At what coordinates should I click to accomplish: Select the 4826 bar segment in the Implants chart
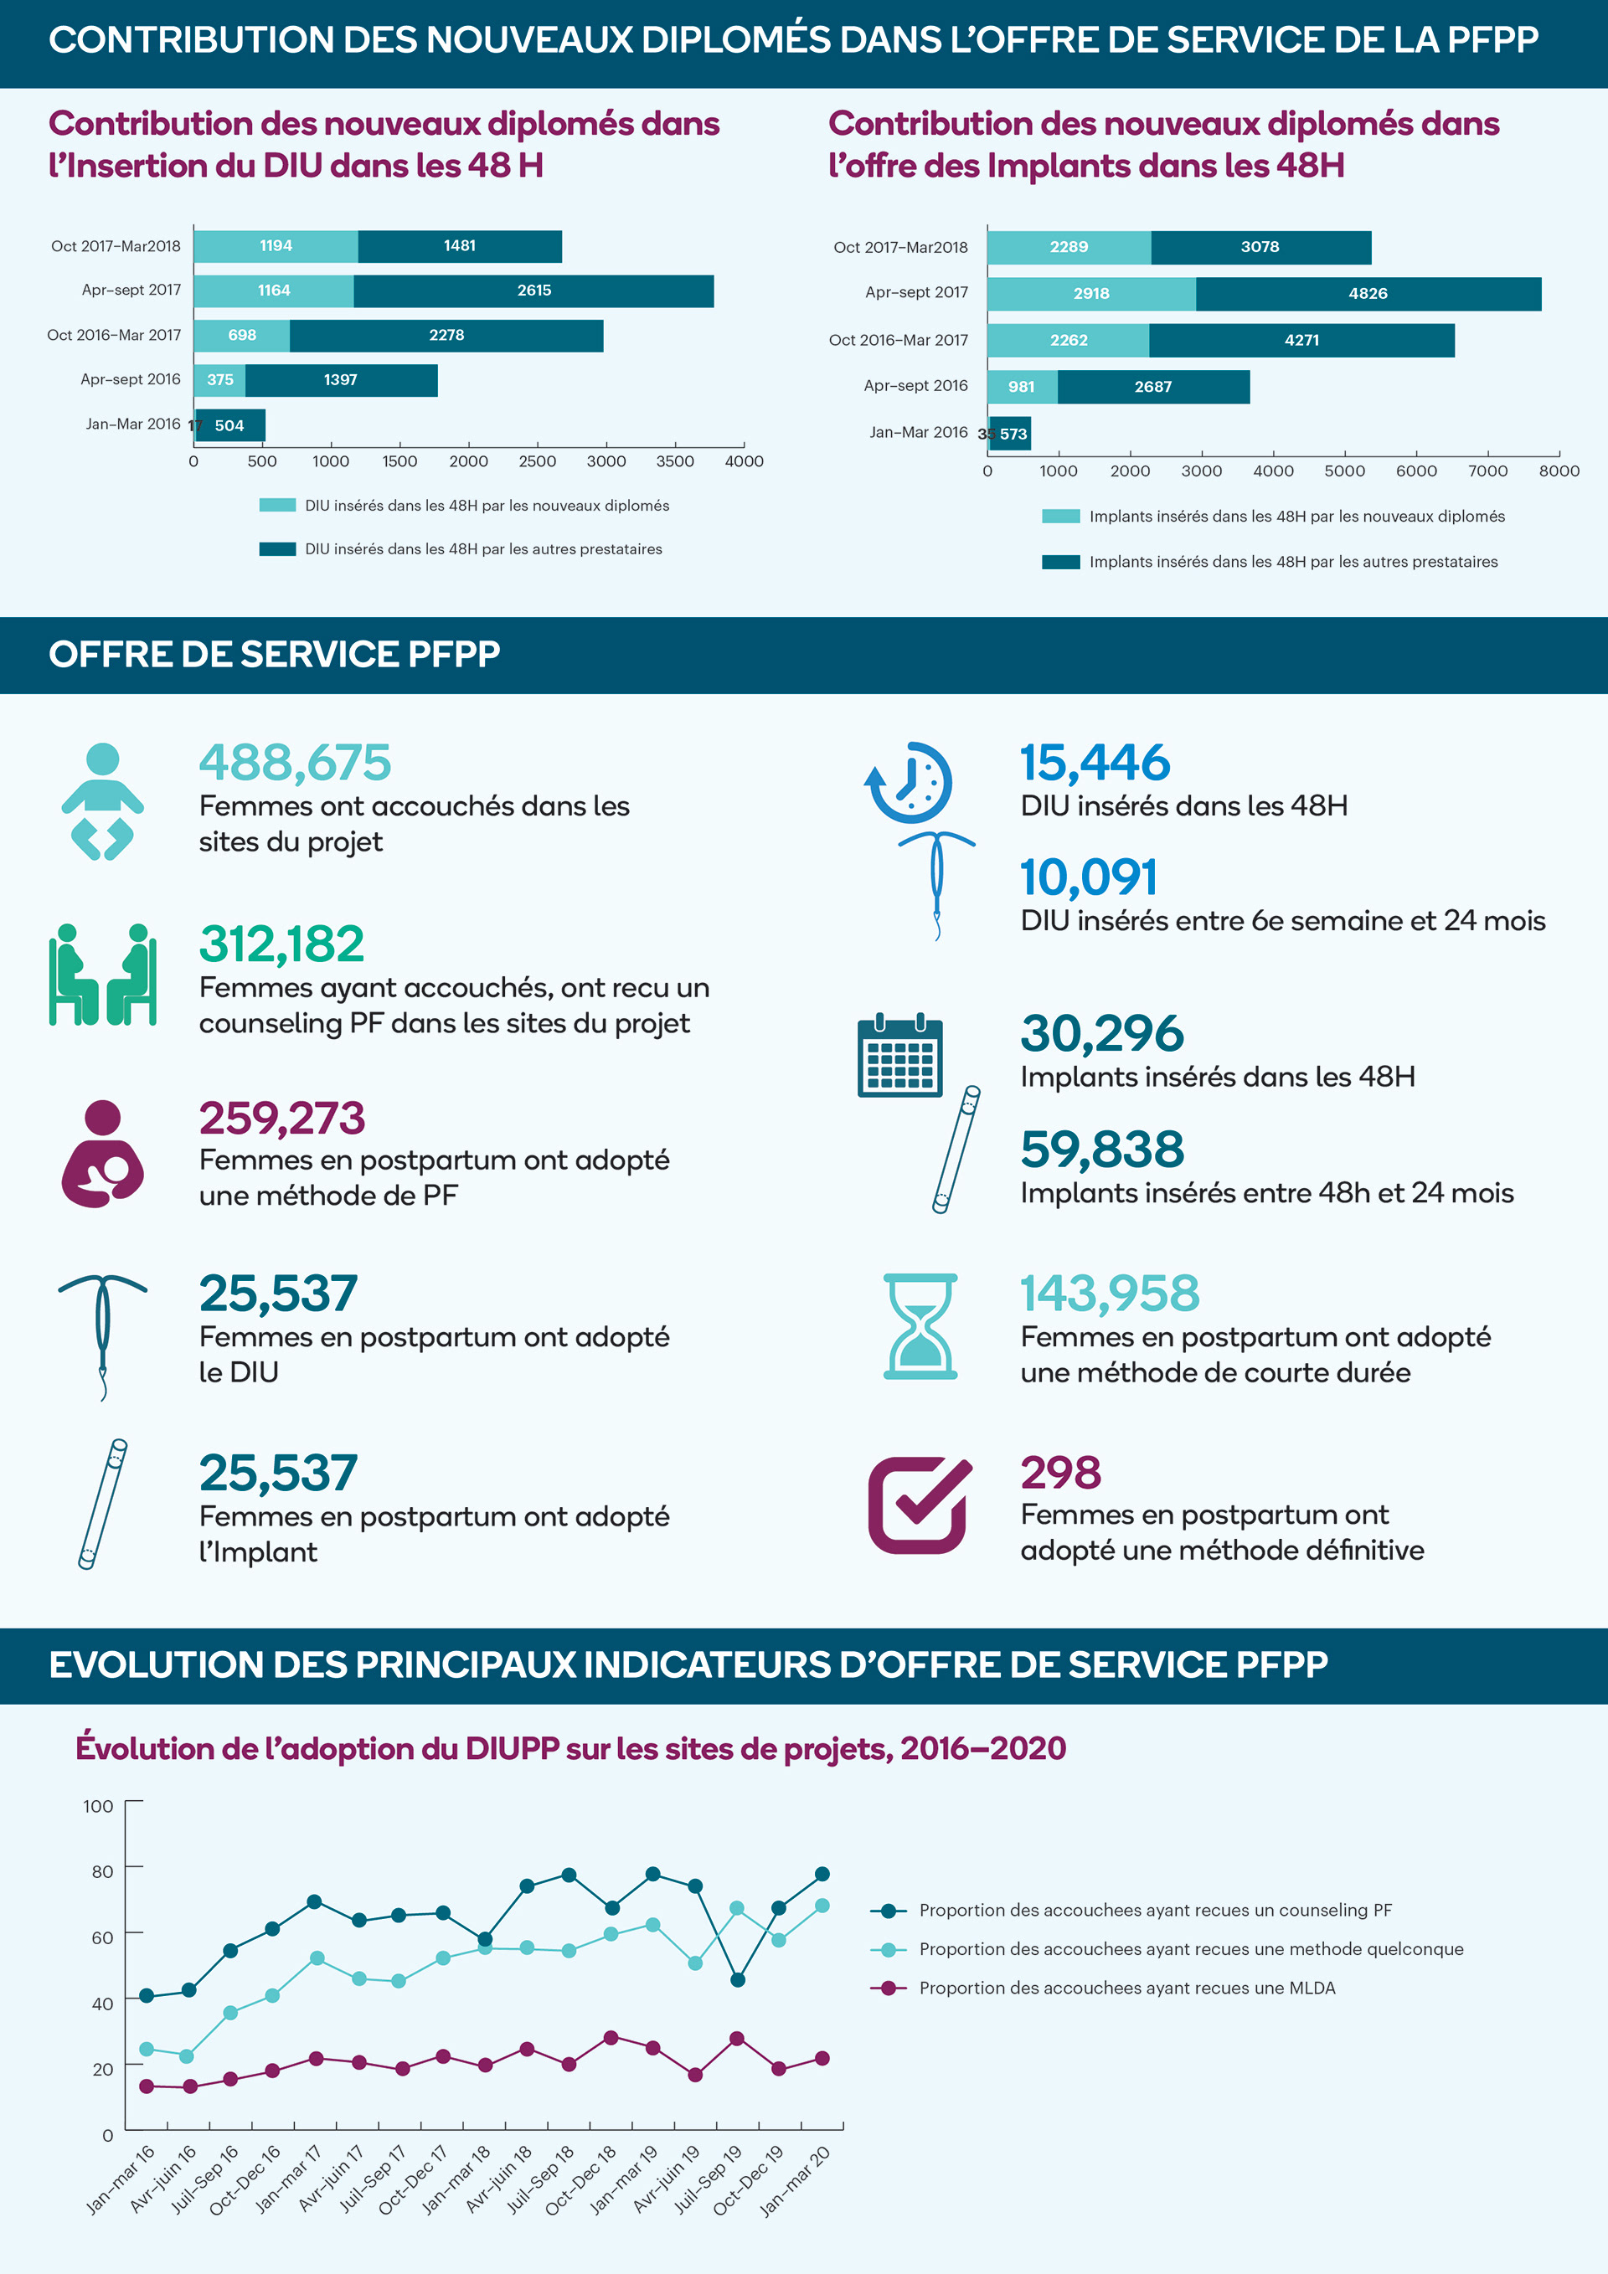[1368, 294]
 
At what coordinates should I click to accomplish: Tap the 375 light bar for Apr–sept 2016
[220, 380]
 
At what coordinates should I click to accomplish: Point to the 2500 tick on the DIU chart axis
[537, 461]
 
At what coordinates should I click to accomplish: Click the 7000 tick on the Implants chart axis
[1487, 471]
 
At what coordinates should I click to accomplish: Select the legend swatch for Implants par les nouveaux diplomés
[1060, 517]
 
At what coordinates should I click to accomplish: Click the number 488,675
[296, 763]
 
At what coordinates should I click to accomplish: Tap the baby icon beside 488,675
[102, 801]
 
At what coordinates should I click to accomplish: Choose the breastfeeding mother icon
[102, 1154]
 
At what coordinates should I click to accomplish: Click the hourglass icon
[920, 1327]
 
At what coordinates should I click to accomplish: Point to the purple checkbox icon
[919, 1505]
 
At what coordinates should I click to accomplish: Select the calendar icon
[899, 1057]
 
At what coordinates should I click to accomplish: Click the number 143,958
[1110, 1294]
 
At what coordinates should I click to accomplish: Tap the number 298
[1060, 1473]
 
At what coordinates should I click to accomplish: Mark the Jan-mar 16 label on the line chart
[121, 2179]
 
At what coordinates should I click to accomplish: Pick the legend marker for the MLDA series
[888, 1988]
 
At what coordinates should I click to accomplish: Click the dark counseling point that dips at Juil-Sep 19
[737, 1980]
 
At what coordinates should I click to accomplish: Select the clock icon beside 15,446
[910, 783]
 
